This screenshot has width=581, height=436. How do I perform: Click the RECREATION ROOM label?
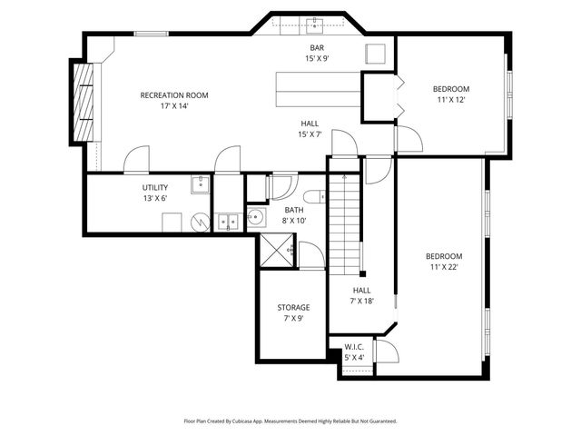[174, 94]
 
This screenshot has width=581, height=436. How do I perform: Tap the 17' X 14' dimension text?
[174, 106]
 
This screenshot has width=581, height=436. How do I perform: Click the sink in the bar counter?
[316, 22]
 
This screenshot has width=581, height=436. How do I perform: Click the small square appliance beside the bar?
[376, 54]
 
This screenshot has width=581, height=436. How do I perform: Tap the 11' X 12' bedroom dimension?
[450, 100]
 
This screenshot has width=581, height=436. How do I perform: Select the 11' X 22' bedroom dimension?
[444, 267]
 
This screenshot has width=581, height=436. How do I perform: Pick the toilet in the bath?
[313, 196]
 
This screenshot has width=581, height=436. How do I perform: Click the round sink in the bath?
[256, 217]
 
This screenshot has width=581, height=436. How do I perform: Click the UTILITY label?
[154, 187]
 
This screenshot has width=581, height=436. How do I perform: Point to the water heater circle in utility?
[198, 223]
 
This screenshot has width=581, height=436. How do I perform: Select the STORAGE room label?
[293, 308]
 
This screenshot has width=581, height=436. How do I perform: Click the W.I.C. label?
[354, 347]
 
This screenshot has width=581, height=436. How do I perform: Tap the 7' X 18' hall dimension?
[361, 302]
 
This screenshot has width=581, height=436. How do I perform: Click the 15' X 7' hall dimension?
[310, 134]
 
